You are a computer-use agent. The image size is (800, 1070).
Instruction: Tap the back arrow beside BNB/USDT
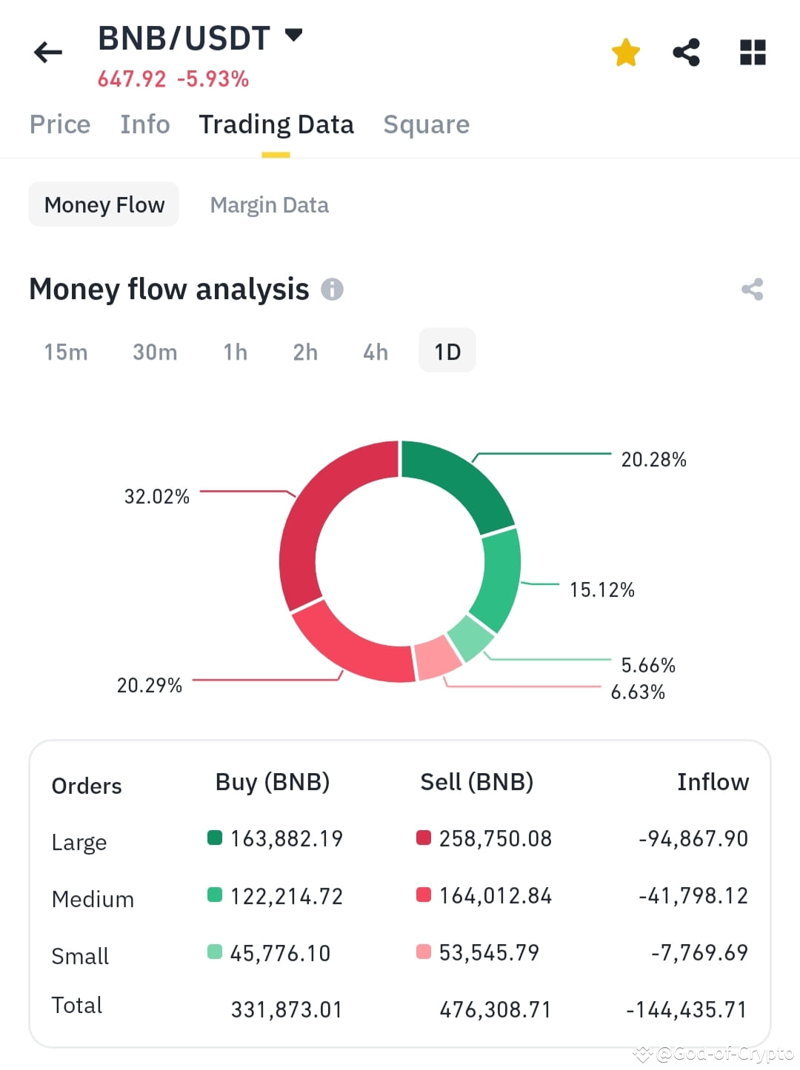pyautogui.click(x=48, y=53)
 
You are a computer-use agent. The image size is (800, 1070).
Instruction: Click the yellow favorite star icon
pyautogui.click(x=625, y=53)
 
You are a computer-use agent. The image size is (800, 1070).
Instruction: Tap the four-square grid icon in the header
pyautogui.click(x=753, y=53)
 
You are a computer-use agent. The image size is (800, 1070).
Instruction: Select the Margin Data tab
pyautogui.click(x=269, y=205)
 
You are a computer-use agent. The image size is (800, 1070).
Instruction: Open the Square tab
pyautogui.click(x=426, y=124)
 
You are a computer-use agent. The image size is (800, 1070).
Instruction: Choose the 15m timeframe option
pyautogui.click(x=66, y=352)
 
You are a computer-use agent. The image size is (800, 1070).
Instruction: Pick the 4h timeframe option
pyautogui.click(x=376, y=352)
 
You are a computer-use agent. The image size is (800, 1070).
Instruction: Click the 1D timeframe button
pyautogui.click(x=447, y=352)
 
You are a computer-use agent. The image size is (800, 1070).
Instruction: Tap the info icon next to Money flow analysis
pyautogui.click(x=332, y=290)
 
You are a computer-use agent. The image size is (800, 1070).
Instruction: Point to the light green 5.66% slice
pyautogui.click(x=470, y=638)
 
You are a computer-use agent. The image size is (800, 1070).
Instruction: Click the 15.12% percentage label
pyautogui.click(x=601, y=590)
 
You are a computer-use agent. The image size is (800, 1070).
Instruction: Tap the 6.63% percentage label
pyautogui.click(x=637, y=692)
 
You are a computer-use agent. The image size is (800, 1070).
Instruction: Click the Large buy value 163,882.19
pyautogui.click(x=286, y=839)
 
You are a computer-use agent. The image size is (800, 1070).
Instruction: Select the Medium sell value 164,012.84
pyautogui.click(x=495, y=896)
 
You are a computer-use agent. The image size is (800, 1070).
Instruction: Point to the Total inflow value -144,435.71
pyautogui.click(x=686, y=1010)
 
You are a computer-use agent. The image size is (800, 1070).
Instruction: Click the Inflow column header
pyautogui.click(x=713, y=783)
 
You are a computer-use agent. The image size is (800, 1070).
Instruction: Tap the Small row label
pyautogui.click(x=80, y=956)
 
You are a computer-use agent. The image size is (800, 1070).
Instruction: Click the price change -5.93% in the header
pyautogui.click(x=213, y=79)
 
